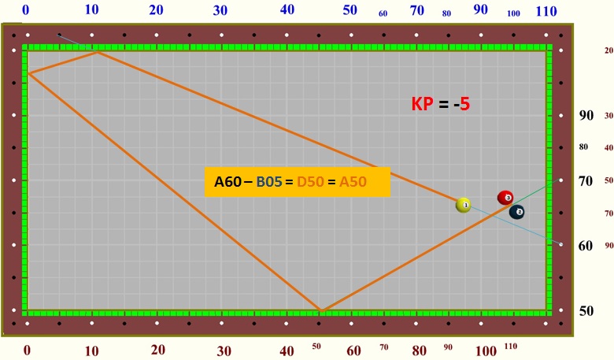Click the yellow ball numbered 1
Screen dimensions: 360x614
click(x=464, y=205)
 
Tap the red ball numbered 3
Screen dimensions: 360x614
click(x=505, y=198)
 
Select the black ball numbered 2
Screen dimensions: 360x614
click(x=517, y=212)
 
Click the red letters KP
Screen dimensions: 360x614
click(x=422, y=104)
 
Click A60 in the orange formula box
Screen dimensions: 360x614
click(x=227, y=182)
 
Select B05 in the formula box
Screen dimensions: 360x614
click(x=268, y=182)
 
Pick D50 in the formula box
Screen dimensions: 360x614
click(x=309, y=182)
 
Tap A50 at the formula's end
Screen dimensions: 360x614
click(x=353, y=182)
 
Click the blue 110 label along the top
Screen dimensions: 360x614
click(x=546, y=11)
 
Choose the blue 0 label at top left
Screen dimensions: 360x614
click(x=26, y=10)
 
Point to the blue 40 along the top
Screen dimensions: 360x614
click(x=287, y=10)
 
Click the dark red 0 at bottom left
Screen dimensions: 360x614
click(x=27, y=350)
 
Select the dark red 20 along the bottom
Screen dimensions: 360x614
click(x=158, y=350)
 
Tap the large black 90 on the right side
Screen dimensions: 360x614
click(x=586, y=115)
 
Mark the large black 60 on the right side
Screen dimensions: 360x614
click(x=586, y=246)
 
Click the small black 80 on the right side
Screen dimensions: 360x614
click(x=583, y=147)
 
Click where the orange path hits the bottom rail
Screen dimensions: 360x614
click(x=320, y=310)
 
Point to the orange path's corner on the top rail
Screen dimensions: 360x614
click(x=97, y=51)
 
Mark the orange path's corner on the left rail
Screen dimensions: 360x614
click(x=28, y=73)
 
